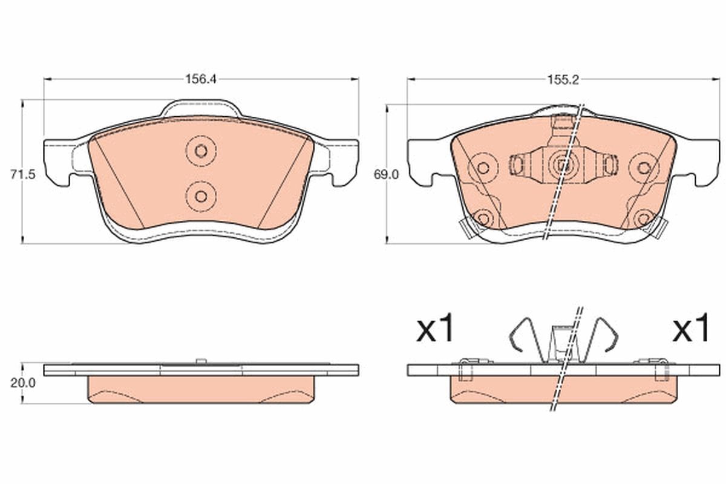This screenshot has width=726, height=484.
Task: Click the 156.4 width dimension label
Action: [x=201, y=79]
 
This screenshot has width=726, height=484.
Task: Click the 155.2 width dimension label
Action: [x=563, y=80]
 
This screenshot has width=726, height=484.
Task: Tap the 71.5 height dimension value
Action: [x=22, y=175]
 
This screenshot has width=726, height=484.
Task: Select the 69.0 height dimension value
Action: [x=386, y=175]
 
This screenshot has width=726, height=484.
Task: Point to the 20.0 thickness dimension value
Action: [x=23, y=383]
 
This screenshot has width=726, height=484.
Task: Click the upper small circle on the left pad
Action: [x=201, y=151]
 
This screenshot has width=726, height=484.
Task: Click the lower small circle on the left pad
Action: [x=201, y=196]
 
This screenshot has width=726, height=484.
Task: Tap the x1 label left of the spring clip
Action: [x=434, y=329]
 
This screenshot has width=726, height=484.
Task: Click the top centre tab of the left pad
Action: [x=201, y=108]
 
